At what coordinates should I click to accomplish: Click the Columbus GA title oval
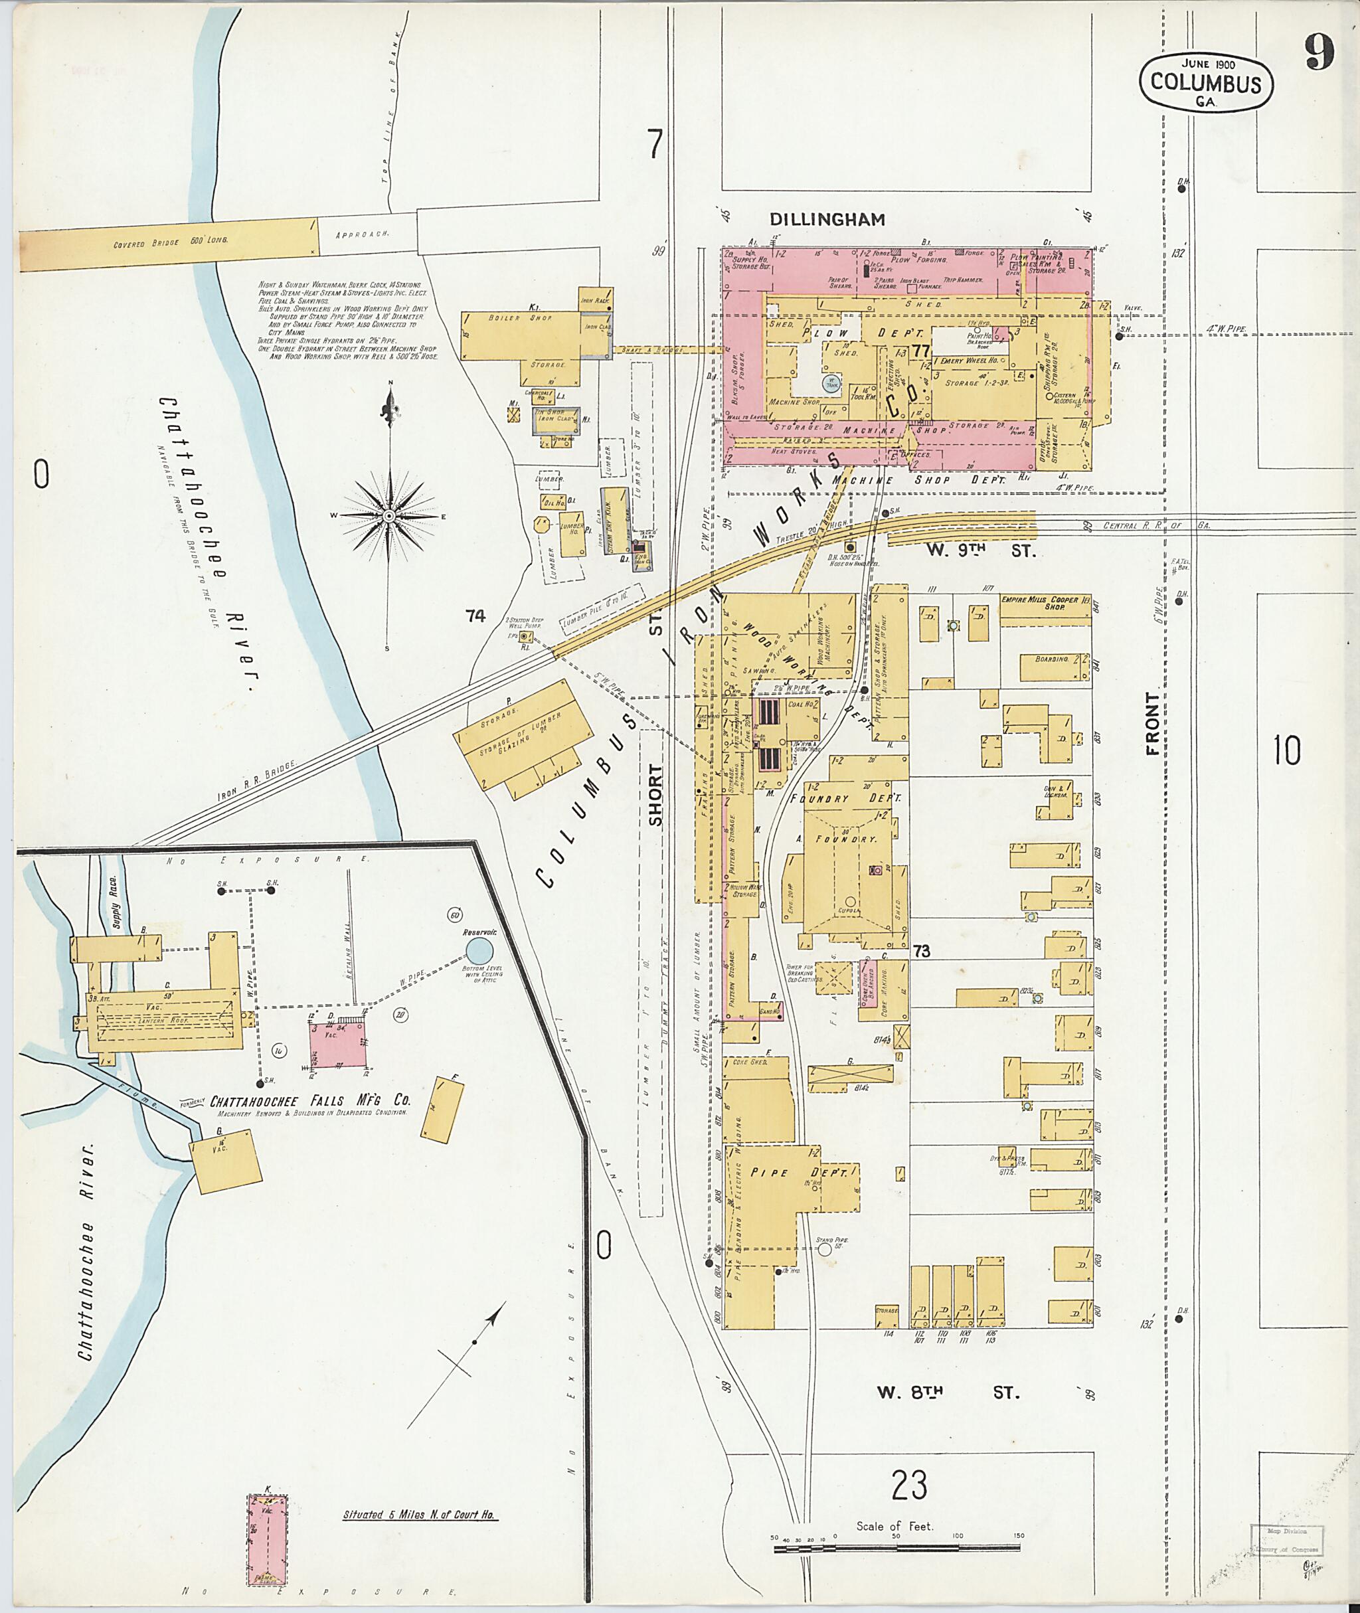coord(1206,82)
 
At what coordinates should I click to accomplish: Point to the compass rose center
coord(389,515)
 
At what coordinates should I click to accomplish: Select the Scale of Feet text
coord(894,1526)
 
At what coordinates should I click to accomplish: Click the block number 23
coord(909,1485)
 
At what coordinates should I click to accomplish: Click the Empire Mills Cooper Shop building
coord(1045,604)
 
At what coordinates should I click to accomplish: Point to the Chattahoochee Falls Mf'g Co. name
coord(311,1100)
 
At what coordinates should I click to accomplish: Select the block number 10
coord(1287,750)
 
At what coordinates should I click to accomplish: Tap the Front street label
coord(1153,723)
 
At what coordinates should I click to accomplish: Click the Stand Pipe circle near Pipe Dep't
coord(825,1249)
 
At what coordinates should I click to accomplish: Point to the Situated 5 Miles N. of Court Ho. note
coord(420,1514)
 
